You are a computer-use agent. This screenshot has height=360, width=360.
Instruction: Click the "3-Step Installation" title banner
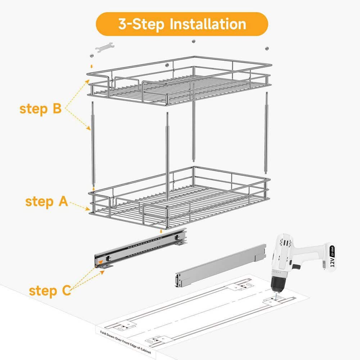[x=181, y=24]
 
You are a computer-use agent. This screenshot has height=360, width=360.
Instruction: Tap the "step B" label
[x=41, y=109]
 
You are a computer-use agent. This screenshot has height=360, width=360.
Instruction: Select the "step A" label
[x=46, y=202]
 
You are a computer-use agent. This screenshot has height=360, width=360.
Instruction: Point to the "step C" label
[x=50, y=291]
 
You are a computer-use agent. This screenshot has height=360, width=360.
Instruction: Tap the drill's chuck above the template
[x=276, y=286]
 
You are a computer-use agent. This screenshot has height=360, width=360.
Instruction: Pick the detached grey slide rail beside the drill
[x=220, y=266]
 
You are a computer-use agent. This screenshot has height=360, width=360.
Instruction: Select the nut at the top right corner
[x=267, y=48]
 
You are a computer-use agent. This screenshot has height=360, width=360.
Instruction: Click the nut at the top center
[x=193, y=41]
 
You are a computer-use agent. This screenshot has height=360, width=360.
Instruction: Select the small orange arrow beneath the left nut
[x=91, y=66]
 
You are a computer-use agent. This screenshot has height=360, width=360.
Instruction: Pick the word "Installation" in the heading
[x=208, y=24]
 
